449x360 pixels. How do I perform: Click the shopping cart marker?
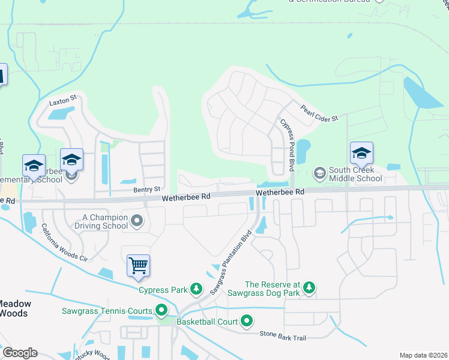click(x=138, y=265)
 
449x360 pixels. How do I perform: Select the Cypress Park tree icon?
click(x=196, y=290)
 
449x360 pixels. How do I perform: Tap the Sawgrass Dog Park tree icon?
click(x=309, y=288)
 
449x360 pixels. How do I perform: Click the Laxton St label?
click(x=64, y=97)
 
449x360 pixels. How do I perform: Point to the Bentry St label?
click(x=147, y=190)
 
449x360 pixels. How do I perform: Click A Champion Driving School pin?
click(x=137, y=221)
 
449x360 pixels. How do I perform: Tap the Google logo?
click(x=19, y=353)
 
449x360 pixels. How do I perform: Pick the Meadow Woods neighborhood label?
click(x=15, y=308)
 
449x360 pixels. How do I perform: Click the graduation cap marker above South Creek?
click(x=361, y=154)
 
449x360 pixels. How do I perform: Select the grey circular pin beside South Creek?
click(x=320, y=173)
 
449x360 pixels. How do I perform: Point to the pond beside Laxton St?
click(x=62, y=112)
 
